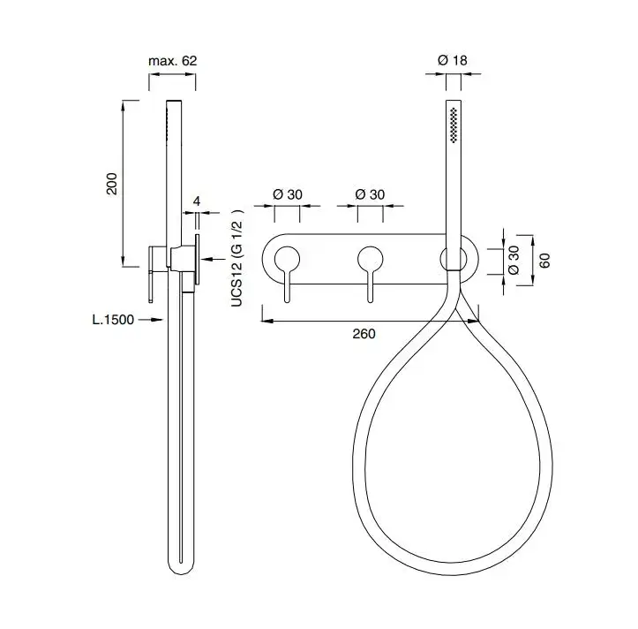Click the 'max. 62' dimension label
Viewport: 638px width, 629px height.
pyautogui.click(x=173, y=61)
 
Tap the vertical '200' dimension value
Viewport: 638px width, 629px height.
pyautogui.click(x=111, y=184)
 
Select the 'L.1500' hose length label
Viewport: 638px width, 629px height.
pyautogui.click(x=113, y=320)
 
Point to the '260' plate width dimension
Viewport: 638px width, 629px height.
pyautogui.click(x=364, y=334)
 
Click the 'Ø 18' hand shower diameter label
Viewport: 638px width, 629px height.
pyautogui.click(x=453, y=60)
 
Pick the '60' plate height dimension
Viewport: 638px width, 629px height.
pyautogui.click(x=544, y=261)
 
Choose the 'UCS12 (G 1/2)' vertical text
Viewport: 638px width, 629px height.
pyautogui.click(x=236, y=258)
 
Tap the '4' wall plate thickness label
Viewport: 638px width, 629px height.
pyautogui.click(x=197, y=201)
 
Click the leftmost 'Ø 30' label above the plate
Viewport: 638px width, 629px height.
pyautogui.click(x=288, y=194)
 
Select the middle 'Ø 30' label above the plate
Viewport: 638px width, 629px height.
pyautogui.click(x=370, y=194)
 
